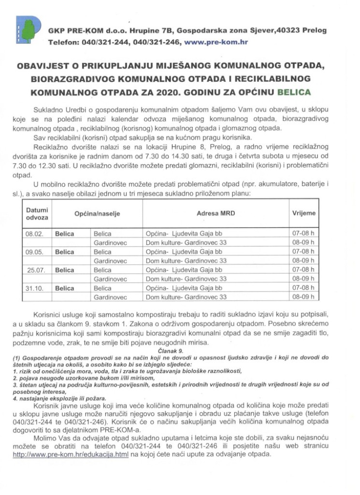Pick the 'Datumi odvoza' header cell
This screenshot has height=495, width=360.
tap(37, 214)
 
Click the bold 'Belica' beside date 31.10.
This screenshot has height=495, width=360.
tap(65, 288)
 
